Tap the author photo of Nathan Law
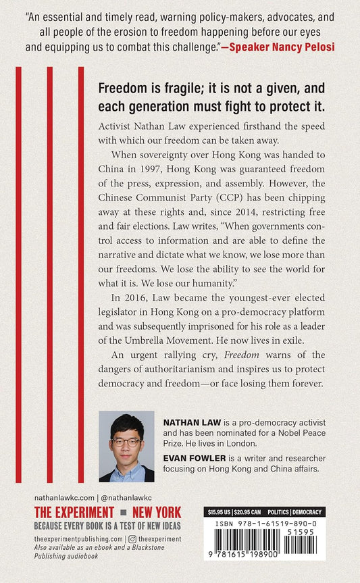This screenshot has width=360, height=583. [x=126, y=447]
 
